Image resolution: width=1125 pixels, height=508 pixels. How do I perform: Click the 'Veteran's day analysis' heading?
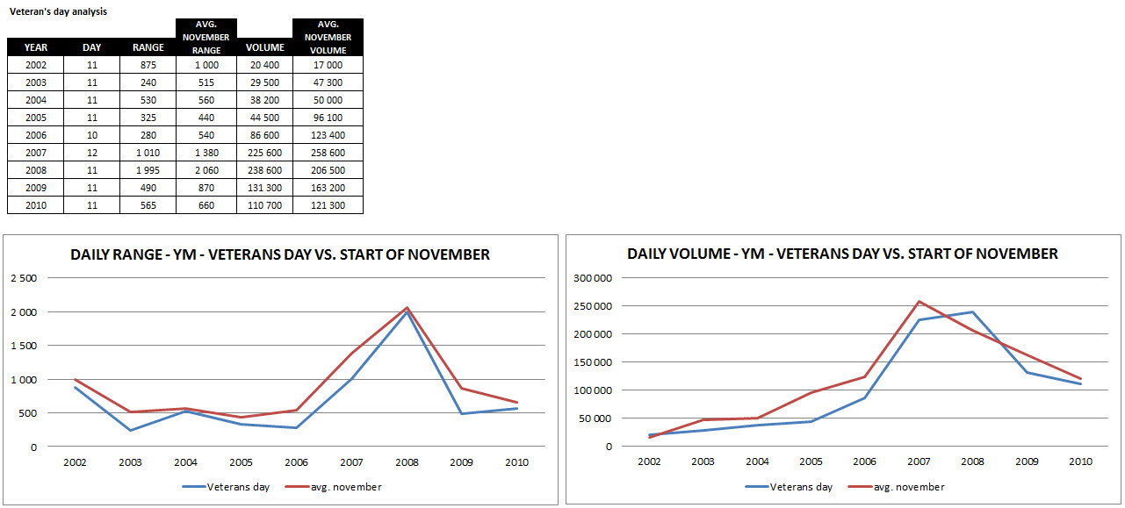[x=59, y=11]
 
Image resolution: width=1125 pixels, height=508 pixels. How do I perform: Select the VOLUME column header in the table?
[x=264, y=47]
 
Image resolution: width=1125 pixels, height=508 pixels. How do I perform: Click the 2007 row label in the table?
[x=36, y=153]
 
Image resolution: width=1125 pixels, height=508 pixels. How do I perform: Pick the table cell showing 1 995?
[x=148, y=170]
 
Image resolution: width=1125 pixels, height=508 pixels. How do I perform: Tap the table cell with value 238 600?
[x=264, y=170]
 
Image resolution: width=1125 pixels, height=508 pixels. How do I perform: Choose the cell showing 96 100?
[x=328, y=118]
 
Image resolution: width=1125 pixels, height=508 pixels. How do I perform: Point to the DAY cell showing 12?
[x=91, y=153]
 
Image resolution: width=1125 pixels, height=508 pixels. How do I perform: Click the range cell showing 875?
[x=148, y=65]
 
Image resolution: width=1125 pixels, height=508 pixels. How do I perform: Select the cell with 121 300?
[x=328, y=205]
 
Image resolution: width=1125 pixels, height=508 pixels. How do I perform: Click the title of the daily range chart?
[x=280, y=254]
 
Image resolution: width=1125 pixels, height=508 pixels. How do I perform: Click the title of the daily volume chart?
[x=842, y=254]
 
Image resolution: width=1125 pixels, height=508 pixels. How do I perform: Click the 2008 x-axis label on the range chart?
[x=407, y=462]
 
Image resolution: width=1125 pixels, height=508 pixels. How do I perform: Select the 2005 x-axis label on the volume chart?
[x=812, y=461]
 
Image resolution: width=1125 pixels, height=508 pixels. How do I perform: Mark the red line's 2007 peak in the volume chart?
[x=919, y=301]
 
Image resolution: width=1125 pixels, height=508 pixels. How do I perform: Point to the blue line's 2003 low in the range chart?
[x=130, y=430]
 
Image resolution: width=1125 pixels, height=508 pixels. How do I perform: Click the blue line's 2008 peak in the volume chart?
[x=973, y=312]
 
